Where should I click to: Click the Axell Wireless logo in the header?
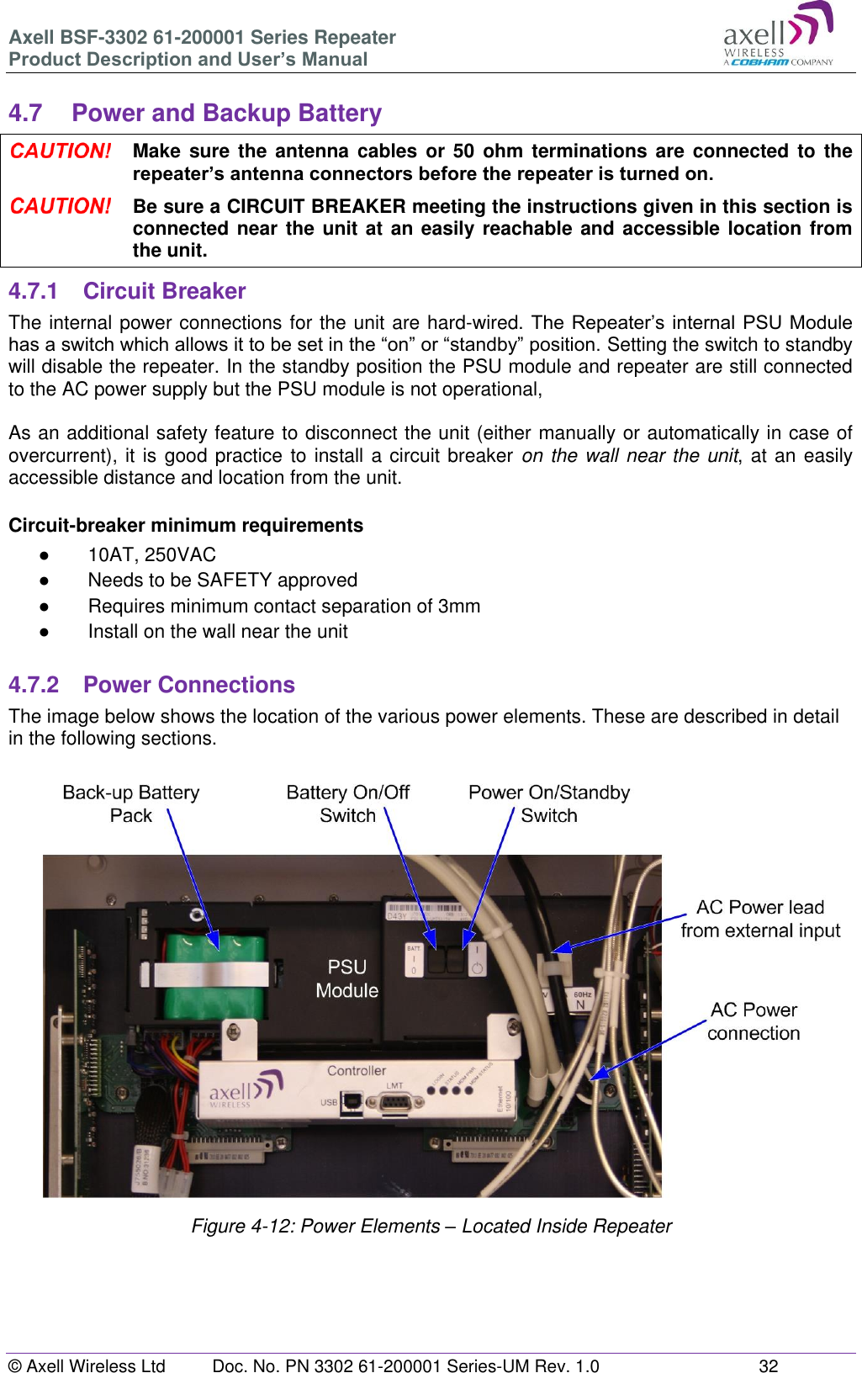point(777,35)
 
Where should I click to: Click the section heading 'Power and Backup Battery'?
point(226,113)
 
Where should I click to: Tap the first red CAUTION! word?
point(61,151)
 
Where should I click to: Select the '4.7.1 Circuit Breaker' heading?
point(127,291)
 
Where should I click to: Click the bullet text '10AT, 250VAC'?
point(151,554)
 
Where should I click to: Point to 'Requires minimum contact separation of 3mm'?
point(283,606)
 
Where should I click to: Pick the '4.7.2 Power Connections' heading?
point(151,685)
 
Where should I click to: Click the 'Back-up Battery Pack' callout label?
point(131,803)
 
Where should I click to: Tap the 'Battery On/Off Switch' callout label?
point(347,803)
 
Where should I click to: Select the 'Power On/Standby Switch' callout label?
point(548,803)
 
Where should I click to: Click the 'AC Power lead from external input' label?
point(760,919)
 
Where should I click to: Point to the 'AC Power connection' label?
point(754,1021)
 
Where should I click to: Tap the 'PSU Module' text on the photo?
point(347,978)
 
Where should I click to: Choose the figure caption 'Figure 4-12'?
point(431,1226)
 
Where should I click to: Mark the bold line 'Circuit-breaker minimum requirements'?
point(186,525)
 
